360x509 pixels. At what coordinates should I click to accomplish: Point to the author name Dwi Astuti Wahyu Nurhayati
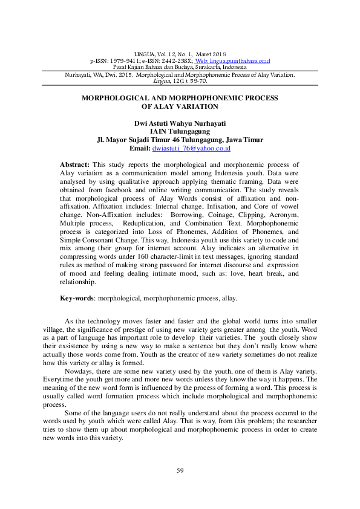pos(180,123)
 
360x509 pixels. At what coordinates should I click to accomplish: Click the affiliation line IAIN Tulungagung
pos(180,131)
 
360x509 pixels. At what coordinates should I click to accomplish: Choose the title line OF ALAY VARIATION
pos(180,106)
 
